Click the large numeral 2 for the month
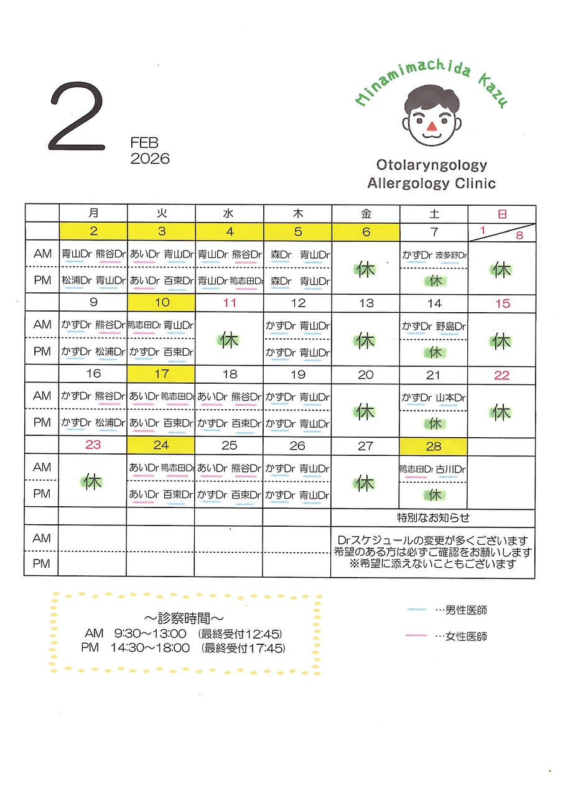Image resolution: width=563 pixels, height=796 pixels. [77, 118]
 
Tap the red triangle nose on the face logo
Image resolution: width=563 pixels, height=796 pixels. [432, 127]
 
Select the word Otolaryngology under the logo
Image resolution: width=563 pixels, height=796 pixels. [431, 165]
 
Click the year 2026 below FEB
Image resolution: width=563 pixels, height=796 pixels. [150, 159]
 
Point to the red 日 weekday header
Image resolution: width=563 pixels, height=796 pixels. [501, 214]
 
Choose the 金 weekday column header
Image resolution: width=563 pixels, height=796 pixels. [366, 214]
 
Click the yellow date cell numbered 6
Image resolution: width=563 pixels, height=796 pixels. [366, 232]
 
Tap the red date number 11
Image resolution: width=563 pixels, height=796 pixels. [230, 303]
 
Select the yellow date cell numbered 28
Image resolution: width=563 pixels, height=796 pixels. [433, 446]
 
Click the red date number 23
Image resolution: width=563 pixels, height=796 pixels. [93, 446]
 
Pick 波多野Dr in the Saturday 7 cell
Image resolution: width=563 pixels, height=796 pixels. [451, 255]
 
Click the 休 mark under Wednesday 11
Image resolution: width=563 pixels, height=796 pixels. [230, 340]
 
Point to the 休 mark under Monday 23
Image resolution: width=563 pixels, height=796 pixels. [93, 482]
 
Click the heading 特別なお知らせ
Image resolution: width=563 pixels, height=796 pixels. [433, 517]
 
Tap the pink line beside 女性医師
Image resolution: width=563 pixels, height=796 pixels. [416, 636]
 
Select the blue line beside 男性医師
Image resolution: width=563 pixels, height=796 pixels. [416, 610]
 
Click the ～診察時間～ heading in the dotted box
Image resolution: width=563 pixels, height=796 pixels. [184, 619]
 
